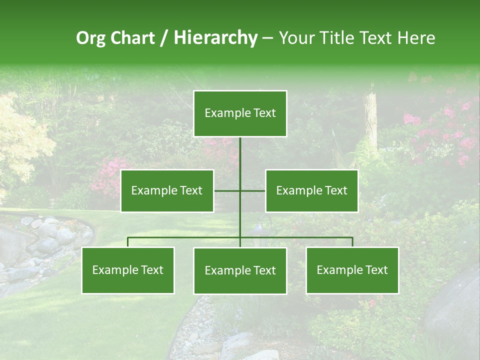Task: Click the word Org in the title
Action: point(91,38)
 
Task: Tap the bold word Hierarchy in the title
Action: point(215,38)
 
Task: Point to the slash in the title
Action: point(163,38)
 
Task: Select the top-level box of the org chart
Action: point(240,113)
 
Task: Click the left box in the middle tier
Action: point(167,191)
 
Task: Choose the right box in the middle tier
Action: point(311,191)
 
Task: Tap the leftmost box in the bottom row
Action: point(128,270)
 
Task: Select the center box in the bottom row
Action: point(240,271)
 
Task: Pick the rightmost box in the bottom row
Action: point(352,270)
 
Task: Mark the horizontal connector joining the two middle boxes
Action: point(252,191)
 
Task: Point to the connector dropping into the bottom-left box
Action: point(128,242)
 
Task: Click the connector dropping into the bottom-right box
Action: point(352,242)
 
